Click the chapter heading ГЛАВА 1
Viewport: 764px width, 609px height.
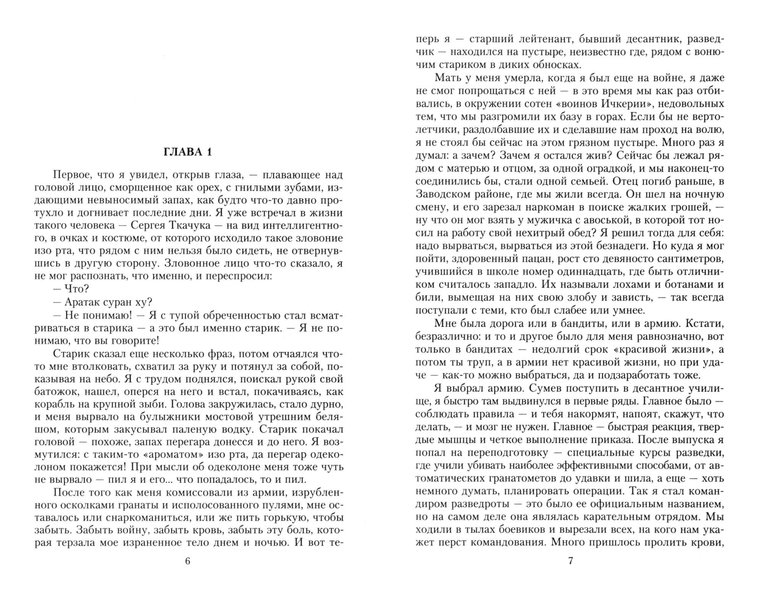point(187,152)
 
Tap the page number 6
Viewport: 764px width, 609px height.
point(187,561)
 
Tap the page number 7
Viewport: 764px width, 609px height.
point(571,561)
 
